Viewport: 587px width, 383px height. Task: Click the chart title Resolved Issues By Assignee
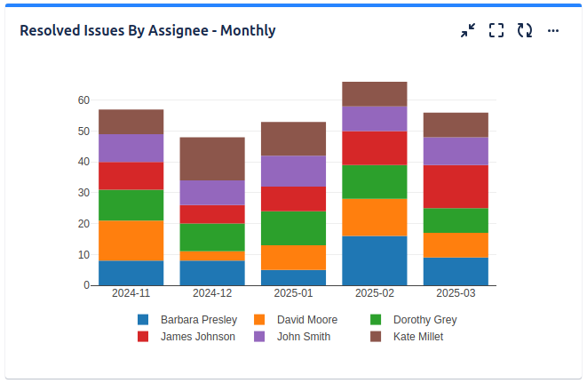tap(147, 30)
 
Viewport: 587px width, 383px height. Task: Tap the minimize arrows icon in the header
tap(468, 30)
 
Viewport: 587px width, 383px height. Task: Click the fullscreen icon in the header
tap(496, 30)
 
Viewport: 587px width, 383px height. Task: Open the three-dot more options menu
tap(553, 30)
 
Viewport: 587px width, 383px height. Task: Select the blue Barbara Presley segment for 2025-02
tap(374, 260)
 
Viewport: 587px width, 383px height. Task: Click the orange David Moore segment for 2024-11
tap(131, 240)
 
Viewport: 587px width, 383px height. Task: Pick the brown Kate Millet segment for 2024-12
tap(212, 159)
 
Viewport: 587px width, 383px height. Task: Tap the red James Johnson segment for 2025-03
tap(456, 187)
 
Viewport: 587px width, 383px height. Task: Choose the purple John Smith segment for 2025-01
tap(293, 171)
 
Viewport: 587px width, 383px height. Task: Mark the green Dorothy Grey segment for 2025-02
tap(374, 181)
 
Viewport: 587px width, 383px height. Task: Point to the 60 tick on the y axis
tap(83, 100)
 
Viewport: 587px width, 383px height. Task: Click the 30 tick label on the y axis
tap(83, 193)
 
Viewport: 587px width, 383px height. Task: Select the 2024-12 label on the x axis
tap(212, 293)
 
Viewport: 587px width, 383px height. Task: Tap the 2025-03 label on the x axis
tap(456, 293)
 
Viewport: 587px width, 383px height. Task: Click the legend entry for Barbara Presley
tap(198, 320)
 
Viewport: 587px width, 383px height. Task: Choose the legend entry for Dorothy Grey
tap(424, 320)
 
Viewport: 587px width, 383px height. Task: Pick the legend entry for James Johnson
tap(197, 337)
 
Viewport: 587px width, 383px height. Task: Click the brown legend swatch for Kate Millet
tap(376, 337)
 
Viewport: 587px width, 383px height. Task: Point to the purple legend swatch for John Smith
tap(259, 337)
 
